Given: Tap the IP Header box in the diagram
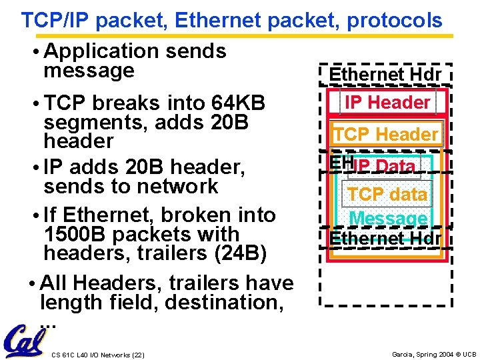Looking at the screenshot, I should (x=387, y=103).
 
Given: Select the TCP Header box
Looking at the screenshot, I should (x=386, y=134).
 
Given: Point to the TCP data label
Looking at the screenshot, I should (x=387, y=194).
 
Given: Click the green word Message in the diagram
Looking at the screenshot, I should (x=387, y=218).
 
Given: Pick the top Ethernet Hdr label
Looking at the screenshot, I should (x=386, y=75).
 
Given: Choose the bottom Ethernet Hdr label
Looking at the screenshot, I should (x=386, y=238).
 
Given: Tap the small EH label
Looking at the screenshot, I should (x=339, y=162).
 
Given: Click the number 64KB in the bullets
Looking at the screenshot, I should (x=237, y=104).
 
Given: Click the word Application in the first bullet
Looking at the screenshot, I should (x=100, y=51).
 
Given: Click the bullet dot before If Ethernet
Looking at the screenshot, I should (x=34, y=215).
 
